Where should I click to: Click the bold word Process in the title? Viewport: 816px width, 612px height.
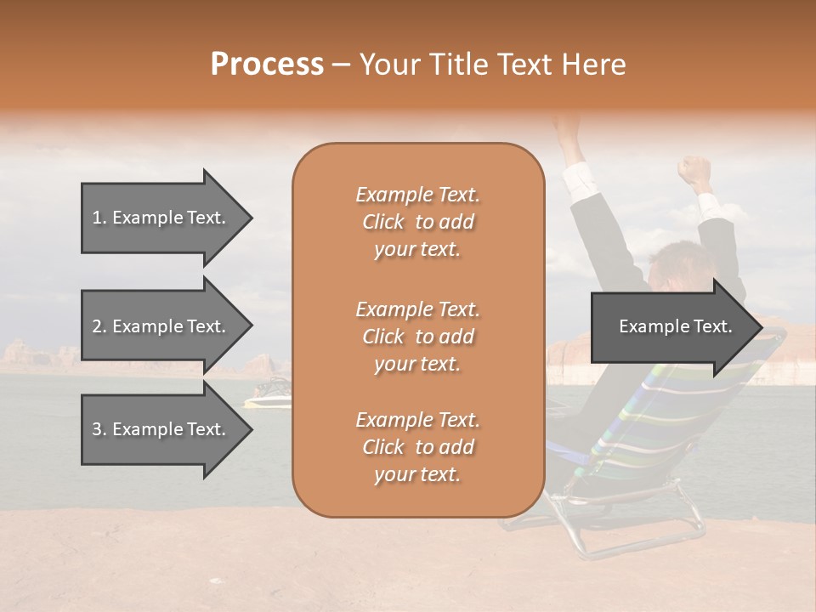click(267, 65)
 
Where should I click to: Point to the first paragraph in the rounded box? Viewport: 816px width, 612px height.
click(417, 222)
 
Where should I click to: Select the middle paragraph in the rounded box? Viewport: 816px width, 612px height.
click(417, 337)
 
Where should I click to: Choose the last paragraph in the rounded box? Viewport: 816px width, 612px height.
click(417, 447)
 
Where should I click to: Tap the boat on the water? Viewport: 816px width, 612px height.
click(268, 394)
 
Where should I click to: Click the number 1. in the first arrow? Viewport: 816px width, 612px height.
click(99, 218)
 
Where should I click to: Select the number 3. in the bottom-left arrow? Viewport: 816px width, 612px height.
click(99, 429)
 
